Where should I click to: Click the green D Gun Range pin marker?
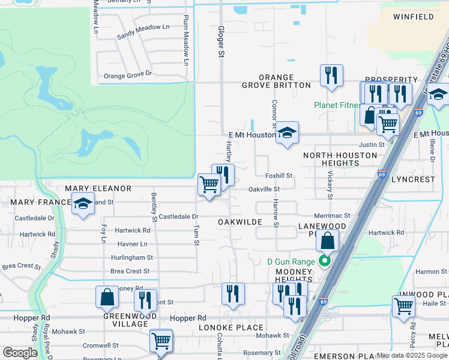click(325, 261)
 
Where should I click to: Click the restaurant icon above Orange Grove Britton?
click(331, 75)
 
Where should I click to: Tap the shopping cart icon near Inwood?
click(403, 306)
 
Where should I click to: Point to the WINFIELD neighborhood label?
click(414, 17)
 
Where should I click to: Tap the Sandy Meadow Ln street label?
click(143, 32)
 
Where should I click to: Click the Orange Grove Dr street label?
click(128, 76)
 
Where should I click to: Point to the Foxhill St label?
click(279, 176)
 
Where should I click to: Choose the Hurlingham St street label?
click(131, 257)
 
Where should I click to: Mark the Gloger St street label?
click(221, 41)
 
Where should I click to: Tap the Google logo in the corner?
click(20, 352)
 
